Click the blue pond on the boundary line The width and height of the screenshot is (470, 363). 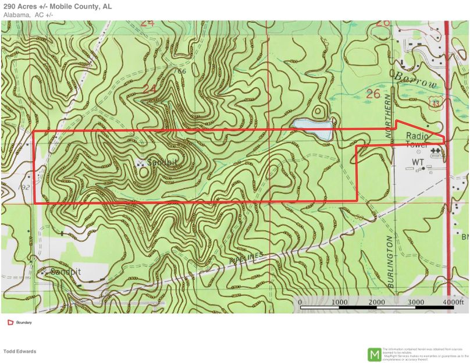click(312, 128)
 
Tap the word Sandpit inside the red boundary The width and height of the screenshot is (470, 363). click(162, 162)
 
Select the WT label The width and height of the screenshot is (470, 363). click(418, 161)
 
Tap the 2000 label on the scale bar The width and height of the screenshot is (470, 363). click(376, 302)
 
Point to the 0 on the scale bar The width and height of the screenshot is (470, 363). click(300, 302)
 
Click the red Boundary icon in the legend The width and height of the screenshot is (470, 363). click(10, 322)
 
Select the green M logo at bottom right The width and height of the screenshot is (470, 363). click(373, 354)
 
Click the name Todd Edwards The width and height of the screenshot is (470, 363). click(20, 351)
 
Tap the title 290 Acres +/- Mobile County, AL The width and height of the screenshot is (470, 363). click(58, 6)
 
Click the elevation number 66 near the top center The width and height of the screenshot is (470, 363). click(182, 71)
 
